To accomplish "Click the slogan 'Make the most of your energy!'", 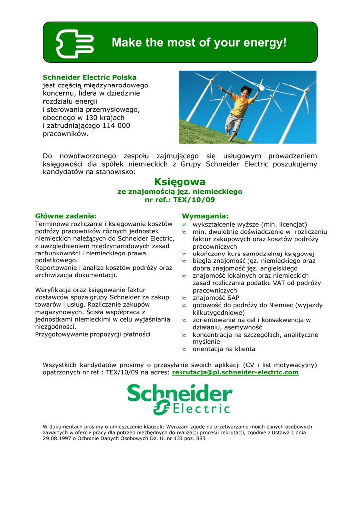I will (x=199, y=43).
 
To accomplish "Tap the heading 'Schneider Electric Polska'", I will (x=90, y=78).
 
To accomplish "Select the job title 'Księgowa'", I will (x=180, y=182).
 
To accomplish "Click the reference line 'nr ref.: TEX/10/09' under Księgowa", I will (x=180, y=200).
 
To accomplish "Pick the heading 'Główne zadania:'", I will (x=66, y=216).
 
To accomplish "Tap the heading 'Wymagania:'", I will (x=205, y=216).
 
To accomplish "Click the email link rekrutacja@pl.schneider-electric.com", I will (x=235, y=372).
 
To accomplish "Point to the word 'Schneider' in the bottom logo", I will (x=180, y=394).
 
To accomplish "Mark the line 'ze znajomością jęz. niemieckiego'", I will (x=180, y=191).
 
